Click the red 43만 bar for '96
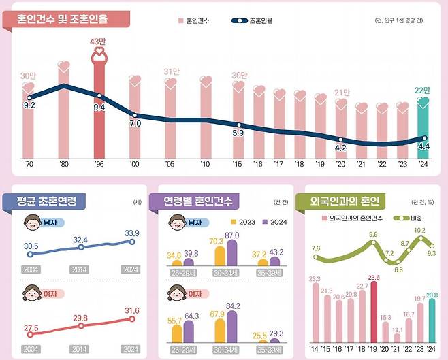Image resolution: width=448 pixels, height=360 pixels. pos(99,109)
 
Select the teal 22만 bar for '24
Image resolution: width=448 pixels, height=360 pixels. pos(423,133)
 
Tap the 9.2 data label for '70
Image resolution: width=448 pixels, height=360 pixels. pos(29,106)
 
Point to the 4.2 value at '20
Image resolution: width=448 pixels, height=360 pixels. pos(342,148)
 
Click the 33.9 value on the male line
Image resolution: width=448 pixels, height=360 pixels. pos(132,233)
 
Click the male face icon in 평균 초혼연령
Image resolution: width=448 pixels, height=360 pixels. pos(31,223)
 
